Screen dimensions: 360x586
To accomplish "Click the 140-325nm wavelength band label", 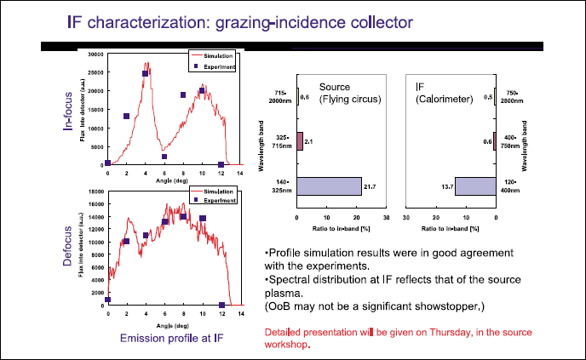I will coord(280,186).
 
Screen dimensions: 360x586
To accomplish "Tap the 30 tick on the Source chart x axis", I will coord(386,217).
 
